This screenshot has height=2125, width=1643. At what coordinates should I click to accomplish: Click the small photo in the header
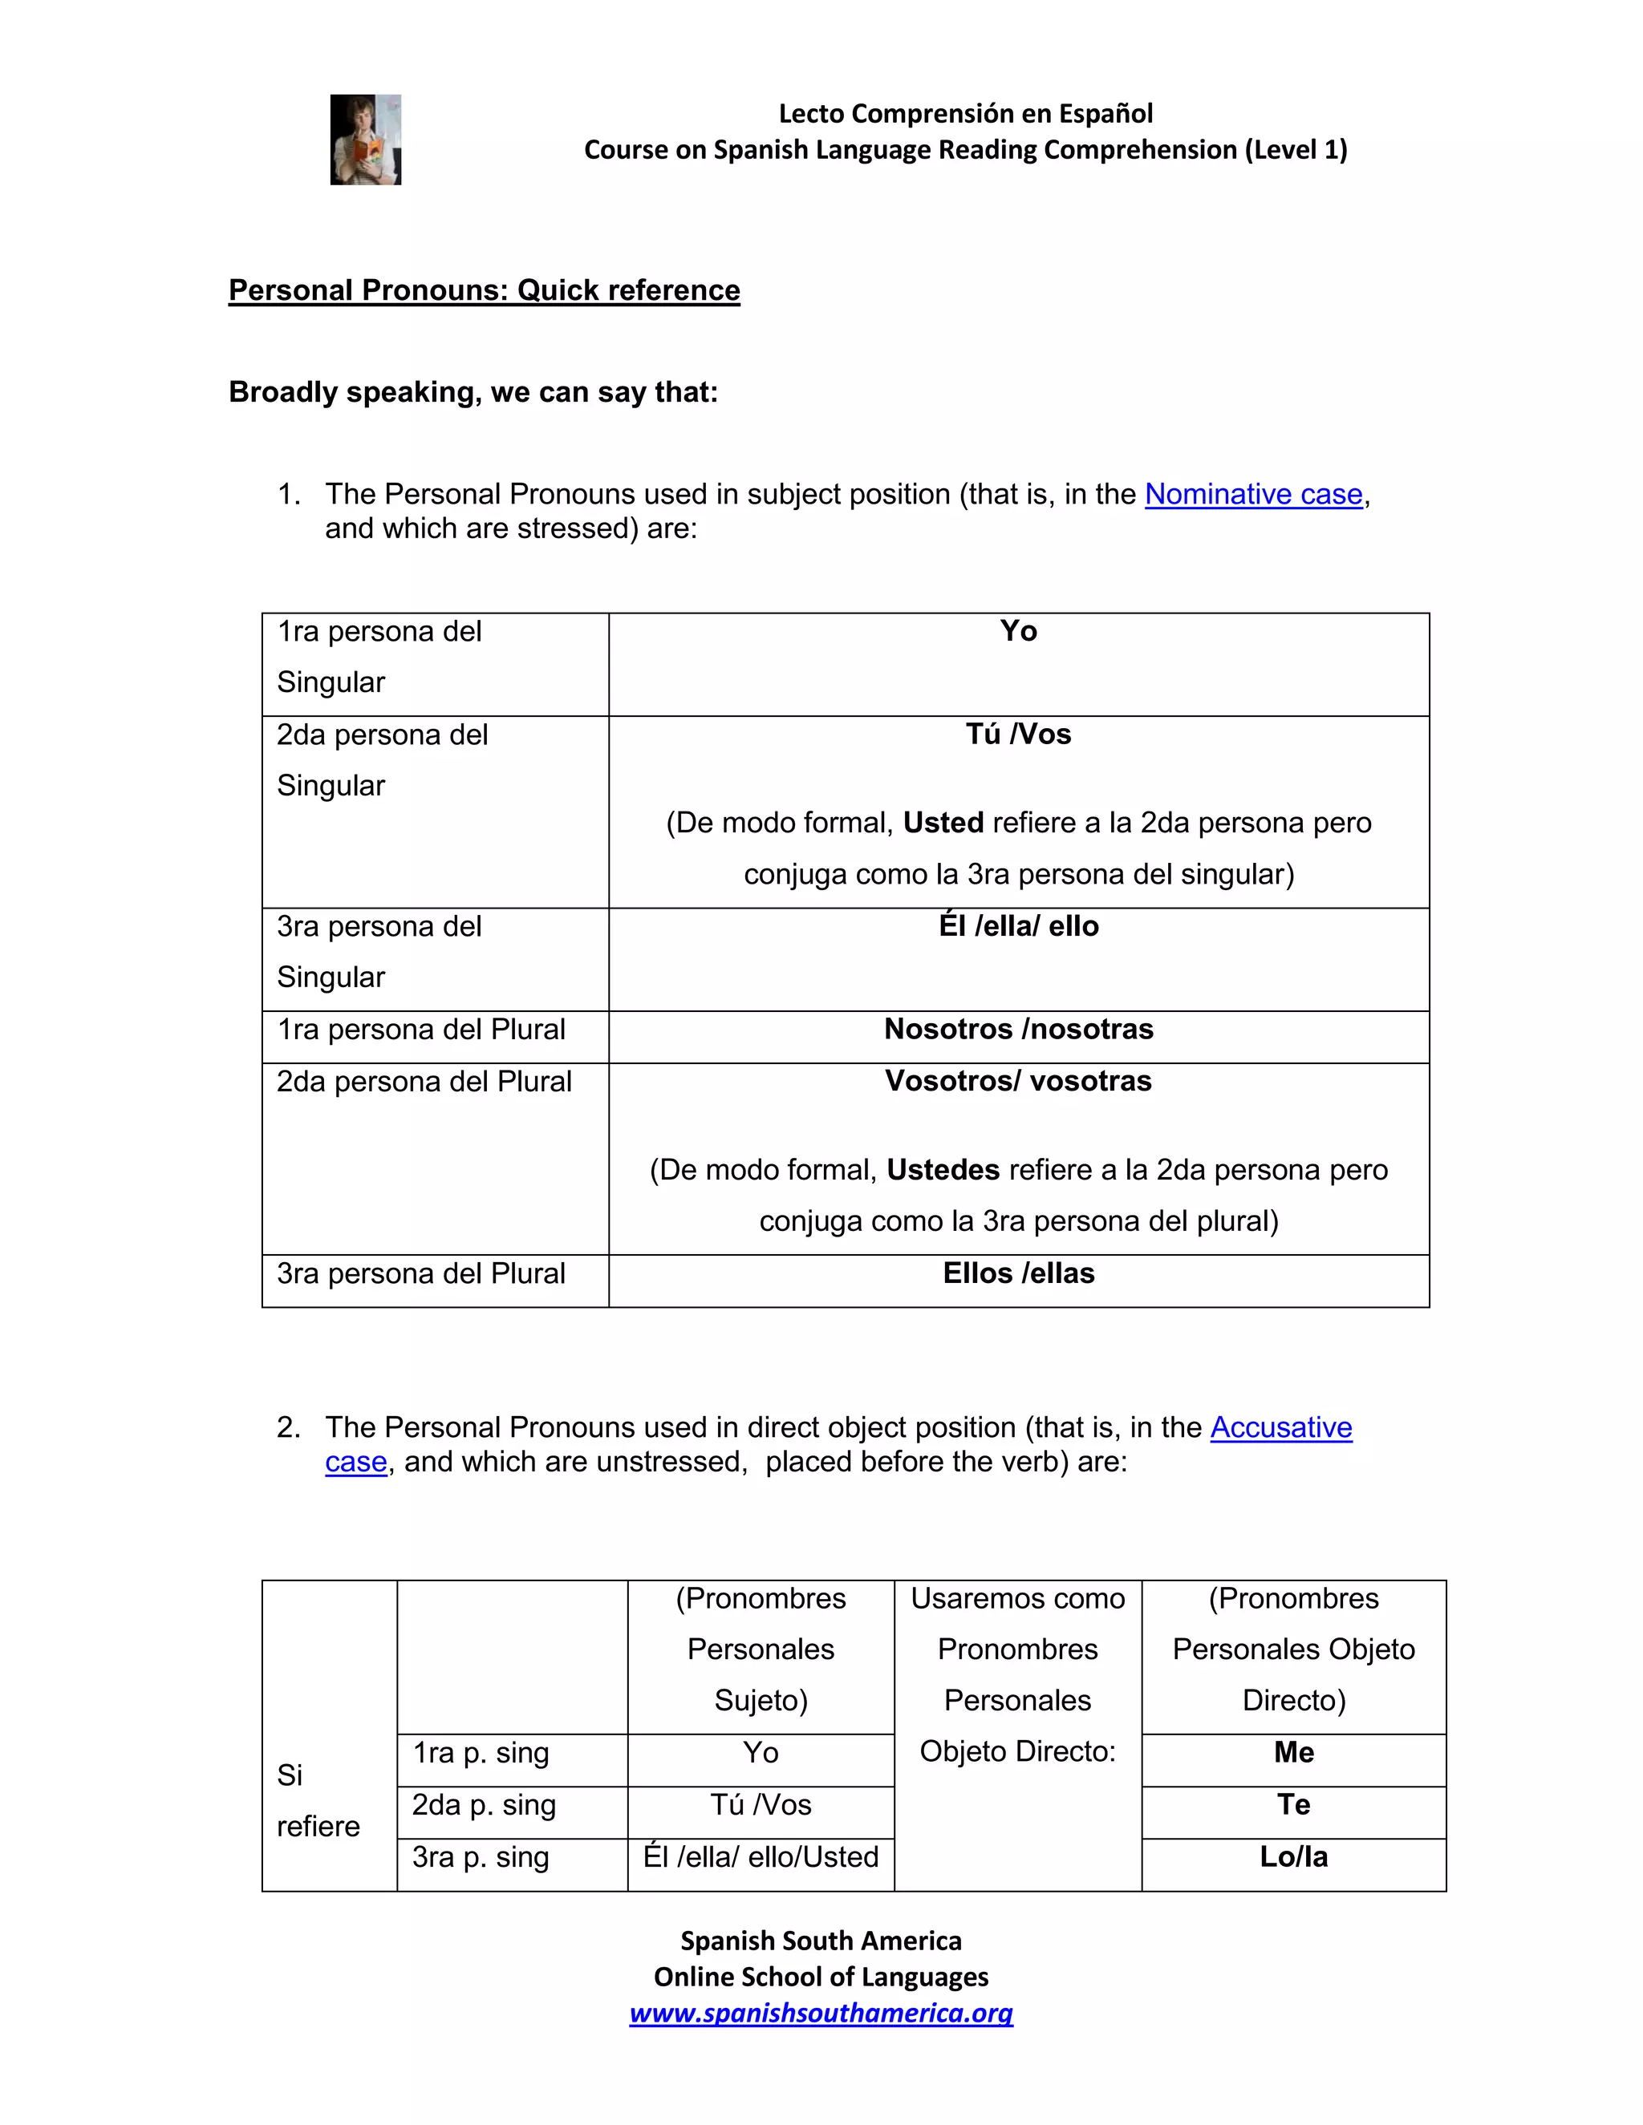coord(365,140)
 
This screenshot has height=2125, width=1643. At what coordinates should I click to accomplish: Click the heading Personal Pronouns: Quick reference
coord(484,290)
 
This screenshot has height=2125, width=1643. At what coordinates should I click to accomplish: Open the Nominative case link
coord(1252,494)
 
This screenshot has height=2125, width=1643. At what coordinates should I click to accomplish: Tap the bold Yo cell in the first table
coord(1018,631)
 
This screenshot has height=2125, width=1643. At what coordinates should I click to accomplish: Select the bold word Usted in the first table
coord(943,824)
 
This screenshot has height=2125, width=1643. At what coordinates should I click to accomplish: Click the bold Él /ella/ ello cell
coord(1018,926)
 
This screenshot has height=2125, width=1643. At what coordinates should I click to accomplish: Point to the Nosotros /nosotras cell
coord(1018,1030)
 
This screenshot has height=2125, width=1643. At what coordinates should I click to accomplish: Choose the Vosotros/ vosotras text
coord(1018,1081)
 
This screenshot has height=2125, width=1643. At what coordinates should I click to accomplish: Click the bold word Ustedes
coord(943,1169)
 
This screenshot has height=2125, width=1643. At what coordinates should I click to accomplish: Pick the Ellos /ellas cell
coord(1018,1273)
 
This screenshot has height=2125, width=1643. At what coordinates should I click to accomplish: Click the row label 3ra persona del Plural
coord(420,1273)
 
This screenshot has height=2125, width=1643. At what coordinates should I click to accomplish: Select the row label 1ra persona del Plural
coord(420,1030)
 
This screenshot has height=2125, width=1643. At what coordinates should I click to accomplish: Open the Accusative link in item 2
coord(1281,1427)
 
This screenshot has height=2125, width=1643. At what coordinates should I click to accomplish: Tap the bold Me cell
coord(1293,1752)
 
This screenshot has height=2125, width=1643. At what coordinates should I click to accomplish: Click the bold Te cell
coord(1293,1805)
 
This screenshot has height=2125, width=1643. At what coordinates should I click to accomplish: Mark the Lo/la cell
coord(1293,1856)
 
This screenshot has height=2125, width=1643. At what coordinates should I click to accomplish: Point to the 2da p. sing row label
coord(484,1805)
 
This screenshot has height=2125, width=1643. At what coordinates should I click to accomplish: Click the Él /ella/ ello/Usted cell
coord(761,1856)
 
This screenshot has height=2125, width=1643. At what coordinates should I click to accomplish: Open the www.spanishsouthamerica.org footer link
coord(821,2012)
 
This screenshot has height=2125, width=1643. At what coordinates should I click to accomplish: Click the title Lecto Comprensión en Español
coord(966,114)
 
